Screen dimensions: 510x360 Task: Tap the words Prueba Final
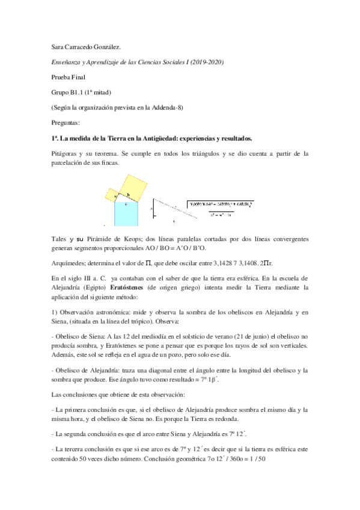point(69,77)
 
